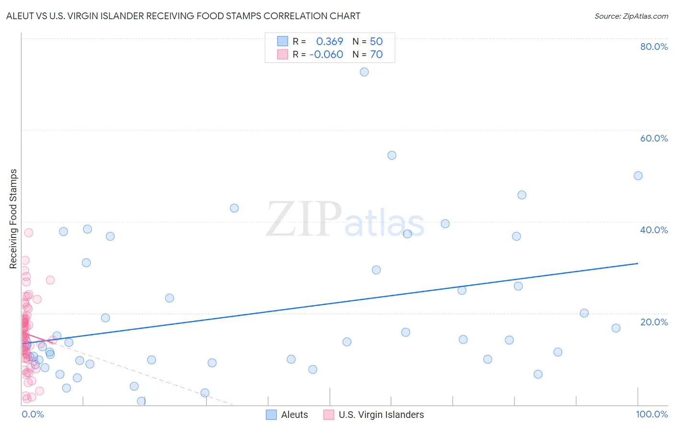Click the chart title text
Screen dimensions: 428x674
pos(183,16)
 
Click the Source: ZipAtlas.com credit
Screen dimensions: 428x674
pos(631,16)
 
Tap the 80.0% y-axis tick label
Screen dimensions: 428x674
pos(654,47)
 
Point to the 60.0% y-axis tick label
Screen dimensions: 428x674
pos(654,138)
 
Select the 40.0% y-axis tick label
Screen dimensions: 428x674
pos(654,230)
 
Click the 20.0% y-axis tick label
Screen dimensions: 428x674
pos(654,321)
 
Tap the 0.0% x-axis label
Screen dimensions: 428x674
pos(33,414)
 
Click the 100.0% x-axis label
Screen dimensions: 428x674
pos(651,414)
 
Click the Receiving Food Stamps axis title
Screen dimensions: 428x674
pos(13,219)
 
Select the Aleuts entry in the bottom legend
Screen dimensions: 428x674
pos(294,415)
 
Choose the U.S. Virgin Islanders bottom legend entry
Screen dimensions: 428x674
pos(381,415)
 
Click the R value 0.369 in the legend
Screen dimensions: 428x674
pos(329,41)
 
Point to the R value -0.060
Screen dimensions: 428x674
pos(326,54)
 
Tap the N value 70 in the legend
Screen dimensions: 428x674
pos(376,54)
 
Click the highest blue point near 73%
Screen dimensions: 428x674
pos(364,72)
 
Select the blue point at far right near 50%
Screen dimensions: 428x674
pos(638,176)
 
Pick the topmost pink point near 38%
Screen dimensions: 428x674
pos(29,233)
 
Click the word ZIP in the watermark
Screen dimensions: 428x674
pos(304,220)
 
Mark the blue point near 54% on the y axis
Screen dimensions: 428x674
pos(392,155)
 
